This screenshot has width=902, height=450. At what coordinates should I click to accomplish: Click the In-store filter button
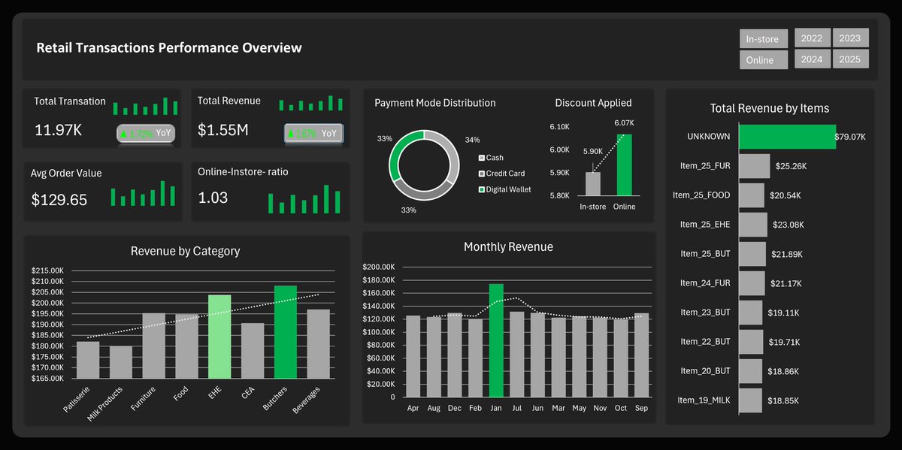pyautogui.click(x=763, y=39)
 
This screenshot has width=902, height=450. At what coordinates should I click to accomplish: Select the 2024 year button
pyautogui.click(x=812, y=59)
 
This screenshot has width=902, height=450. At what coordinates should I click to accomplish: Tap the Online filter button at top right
pyautogui.click(x=763, y=60)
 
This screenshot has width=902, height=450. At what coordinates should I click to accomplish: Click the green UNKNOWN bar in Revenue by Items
pyautogui.click(x=787, y=137)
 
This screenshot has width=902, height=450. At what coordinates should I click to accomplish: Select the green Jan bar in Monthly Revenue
pyautogui.click(x=496, y=340)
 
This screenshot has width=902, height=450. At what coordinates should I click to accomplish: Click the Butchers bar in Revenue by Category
pyautogui.click(x=286, y=332)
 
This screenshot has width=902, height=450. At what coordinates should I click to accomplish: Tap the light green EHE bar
pyautogui.click(x=219, y=336)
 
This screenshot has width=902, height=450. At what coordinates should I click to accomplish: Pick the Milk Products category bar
pyautogui.click(x=120, y=362)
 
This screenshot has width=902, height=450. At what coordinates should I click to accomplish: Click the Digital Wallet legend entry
pyautogui.click(x=508, y=189)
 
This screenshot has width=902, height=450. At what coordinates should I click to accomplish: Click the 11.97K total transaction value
pyautogui.click(x=59, y=130)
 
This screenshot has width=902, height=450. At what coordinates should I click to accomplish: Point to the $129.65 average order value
pyautogui.click(x=59, y=200)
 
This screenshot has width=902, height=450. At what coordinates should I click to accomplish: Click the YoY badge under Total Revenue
pyautogui.click(x=313, y=134)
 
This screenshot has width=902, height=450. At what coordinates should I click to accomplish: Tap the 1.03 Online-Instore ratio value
pyautogui.click(x=213, y=198)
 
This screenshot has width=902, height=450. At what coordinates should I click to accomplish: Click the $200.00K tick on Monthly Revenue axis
pyautogui.click(x=378, y=267)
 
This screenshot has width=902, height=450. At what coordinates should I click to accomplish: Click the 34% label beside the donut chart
pyautogui.click(x=472, y=140)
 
